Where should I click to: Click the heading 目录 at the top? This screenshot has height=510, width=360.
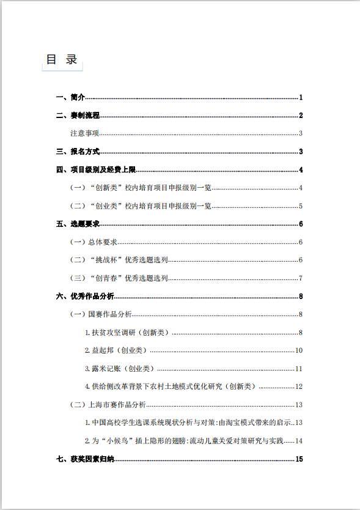[x=62, y=59]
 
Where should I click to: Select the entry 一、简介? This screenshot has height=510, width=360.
[x=70, y=98]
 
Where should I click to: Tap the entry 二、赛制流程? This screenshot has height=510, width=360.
[x=78, y=116]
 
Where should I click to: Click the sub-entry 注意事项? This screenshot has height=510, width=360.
[x=85, y=134]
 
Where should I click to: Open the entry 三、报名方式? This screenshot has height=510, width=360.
[x=78, y=152]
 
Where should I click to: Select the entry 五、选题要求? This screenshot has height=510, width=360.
[x=78, y=224]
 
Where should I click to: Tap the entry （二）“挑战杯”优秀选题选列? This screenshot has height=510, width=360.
[x=119, y=261]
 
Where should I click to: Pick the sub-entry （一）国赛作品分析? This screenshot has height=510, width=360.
[x=101, y=314]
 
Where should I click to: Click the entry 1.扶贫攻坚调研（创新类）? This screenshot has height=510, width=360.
[x=127, y=333]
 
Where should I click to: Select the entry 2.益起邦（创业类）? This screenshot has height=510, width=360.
[x=116, y=351]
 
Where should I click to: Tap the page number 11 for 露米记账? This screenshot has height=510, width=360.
[x=299, y=369]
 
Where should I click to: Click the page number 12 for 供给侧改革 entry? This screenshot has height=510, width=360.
[x=299, y=386]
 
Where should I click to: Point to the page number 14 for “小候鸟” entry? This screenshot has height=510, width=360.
[x=299, y=441]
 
